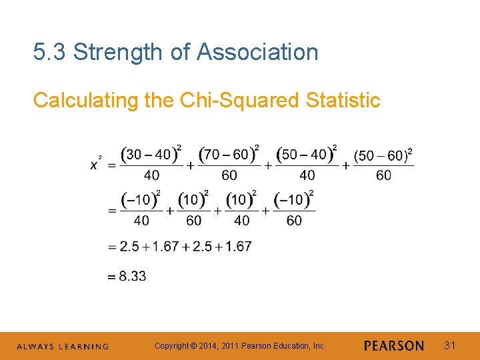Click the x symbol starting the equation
pyautogui.click(x=93, y=165)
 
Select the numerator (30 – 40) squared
pyautogui.click(x=151, y=154)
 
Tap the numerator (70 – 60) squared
pyautogui.click(x=229, y=154)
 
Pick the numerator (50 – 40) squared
pyautogui.click(x=307, y=154)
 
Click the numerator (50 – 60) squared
pyautogui.click(x=383, y=155)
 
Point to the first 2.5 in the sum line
pyautogui.click(x=129, y=247)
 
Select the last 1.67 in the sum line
pyautogui.click(x=238, y=247)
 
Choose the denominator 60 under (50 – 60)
pyautogui.click(x=384, y=175)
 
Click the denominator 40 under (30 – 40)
pyautogui.click(x=151, y=175)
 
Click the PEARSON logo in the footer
pyautogui.click(x=394, y=346)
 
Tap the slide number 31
pyautogui.click(x=450, y=345)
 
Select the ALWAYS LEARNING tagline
pyautogui.click(x=63, y=347)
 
